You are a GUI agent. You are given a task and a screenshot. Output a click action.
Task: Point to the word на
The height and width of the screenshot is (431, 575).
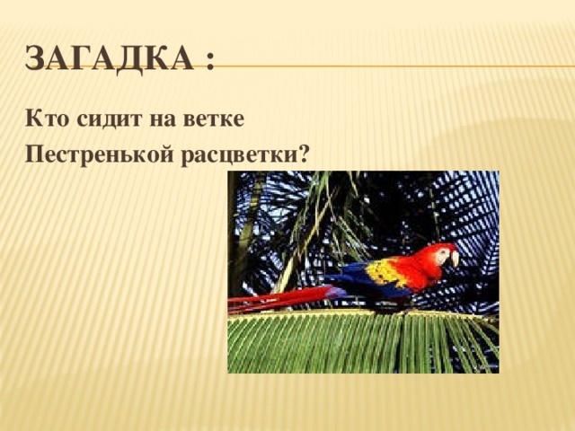pos(162,119)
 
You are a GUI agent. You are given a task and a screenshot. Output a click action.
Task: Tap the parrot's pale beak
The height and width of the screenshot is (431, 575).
pos(454,259)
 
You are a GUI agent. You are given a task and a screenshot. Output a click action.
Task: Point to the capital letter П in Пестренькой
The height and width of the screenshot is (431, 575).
pos(35,154)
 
